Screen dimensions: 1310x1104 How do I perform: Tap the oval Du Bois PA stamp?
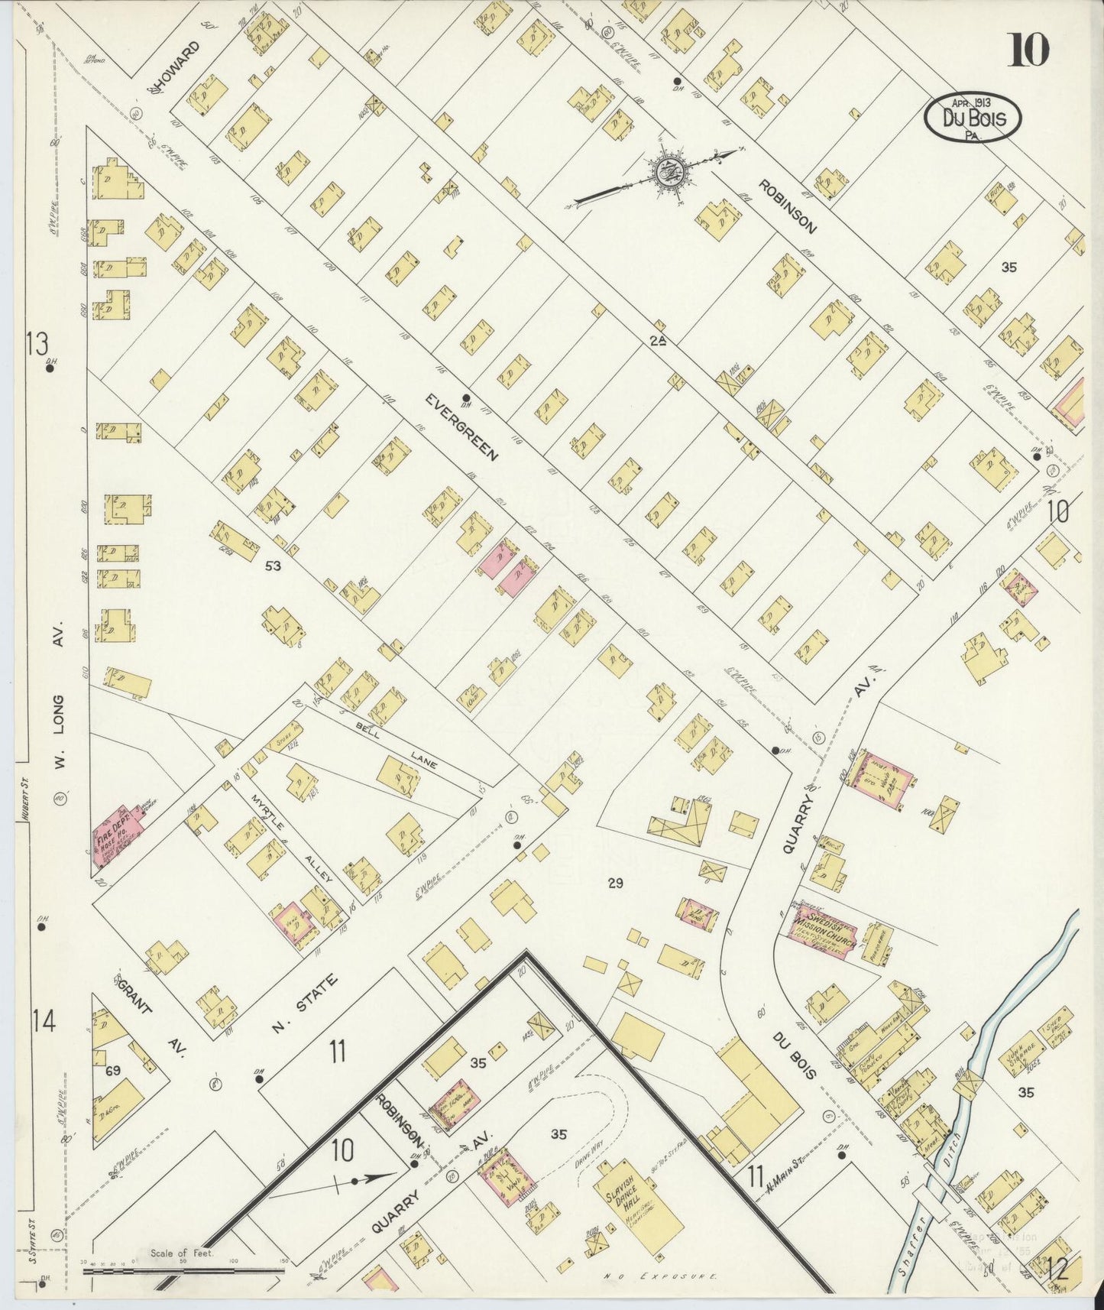coord(972,118)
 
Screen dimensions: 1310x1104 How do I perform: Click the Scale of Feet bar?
coord(183,1271)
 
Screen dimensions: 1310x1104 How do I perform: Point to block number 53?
coord(273,566)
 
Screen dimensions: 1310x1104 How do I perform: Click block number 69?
coord(113,1070)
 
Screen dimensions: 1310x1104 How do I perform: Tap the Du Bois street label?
coord(794,1055)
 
